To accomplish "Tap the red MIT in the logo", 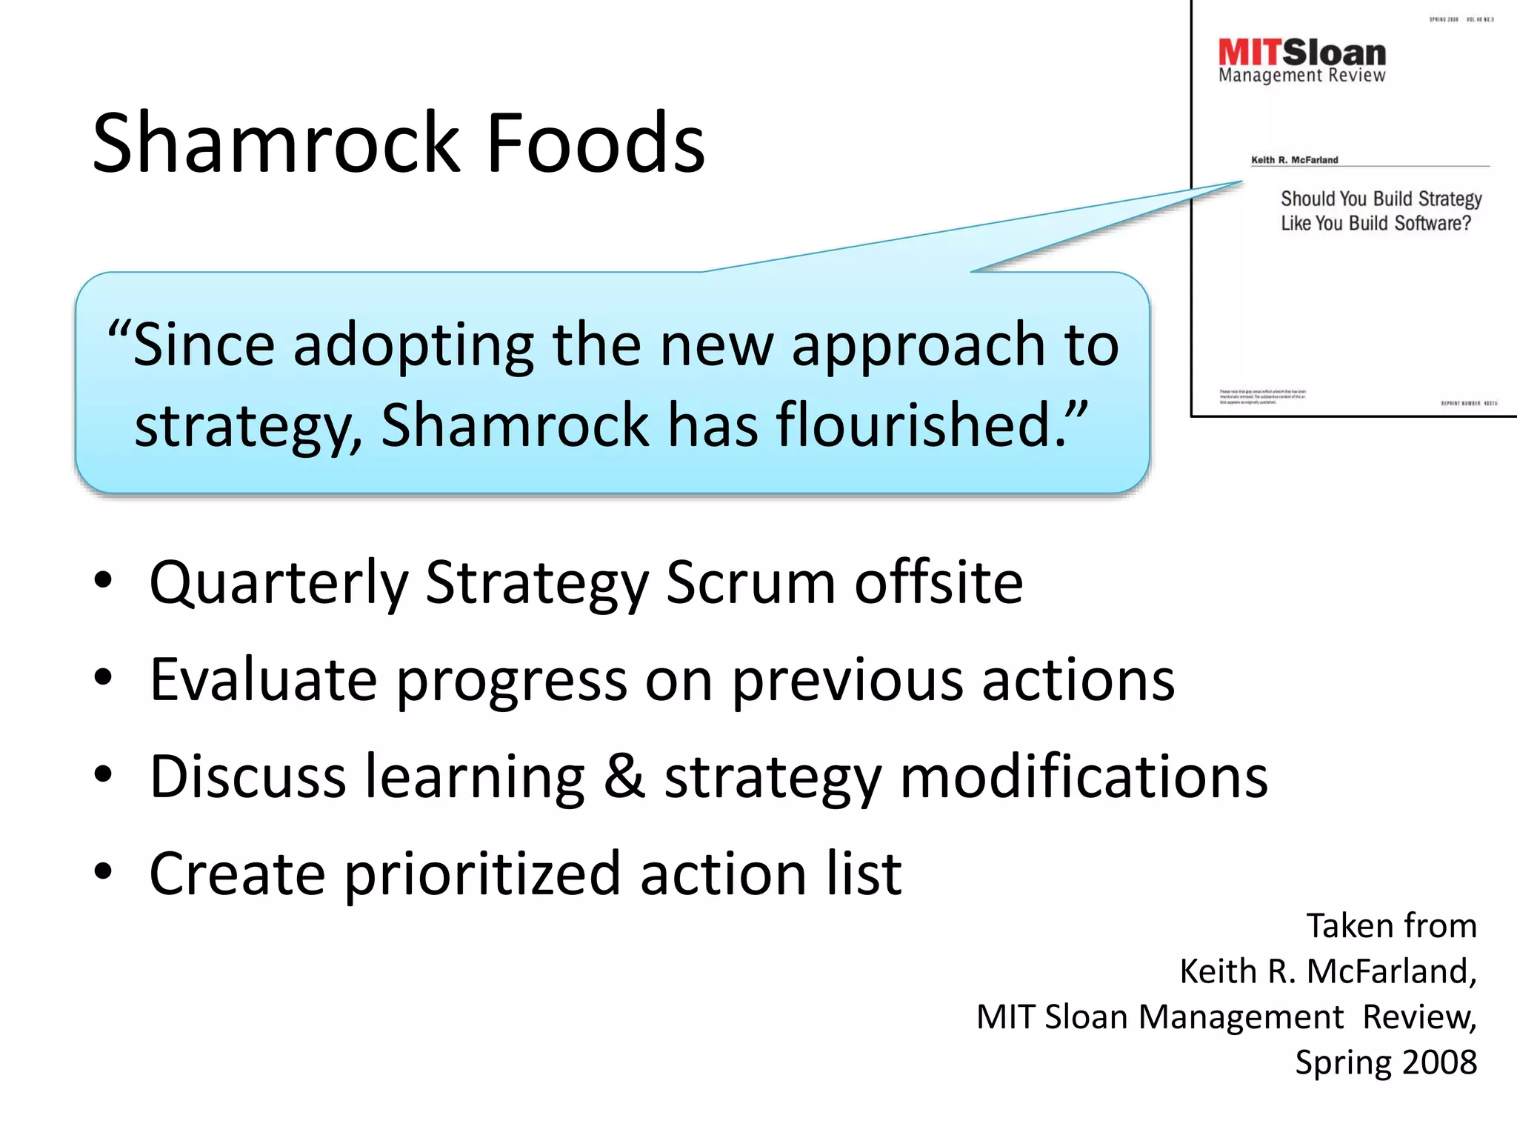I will pos(1249,53).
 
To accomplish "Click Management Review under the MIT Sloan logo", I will pos(1301,76).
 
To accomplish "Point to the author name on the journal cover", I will pos(1294,160).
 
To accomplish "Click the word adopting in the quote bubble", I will pos(413,345).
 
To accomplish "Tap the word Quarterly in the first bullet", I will pos(279,583).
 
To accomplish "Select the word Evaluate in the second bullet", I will pos(264,679).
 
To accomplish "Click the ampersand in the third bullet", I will pos(624,776).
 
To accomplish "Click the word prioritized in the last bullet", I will pos(482,874).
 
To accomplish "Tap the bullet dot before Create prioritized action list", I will pos(103,871).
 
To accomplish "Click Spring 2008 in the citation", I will pos(1385,1062).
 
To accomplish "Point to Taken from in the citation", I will pos(1391,926).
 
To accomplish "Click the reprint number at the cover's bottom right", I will pos(1469,404).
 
